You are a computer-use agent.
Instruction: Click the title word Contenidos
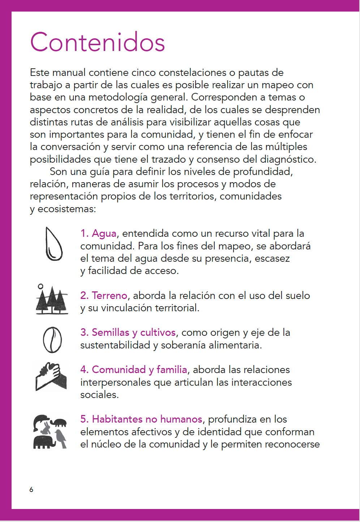click(98, 43)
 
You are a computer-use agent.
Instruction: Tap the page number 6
click(31, 489)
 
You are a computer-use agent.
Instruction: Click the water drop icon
click(53, 244)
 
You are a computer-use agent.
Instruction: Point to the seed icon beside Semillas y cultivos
click(52, 340)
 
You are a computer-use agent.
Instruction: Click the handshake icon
click(51, 376)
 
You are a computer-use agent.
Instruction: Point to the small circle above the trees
click(40, 286)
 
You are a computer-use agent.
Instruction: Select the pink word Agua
click(104, 234)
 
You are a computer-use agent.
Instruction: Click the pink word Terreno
click(110, 296)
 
